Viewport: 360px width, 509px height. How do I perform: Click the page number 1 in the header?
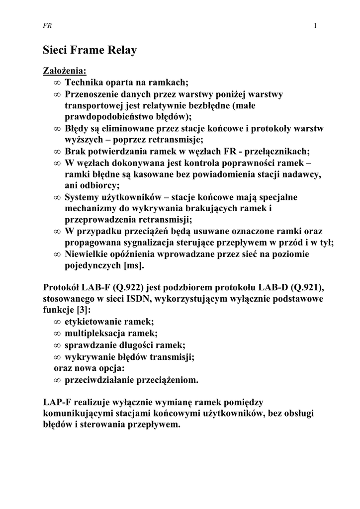pos(316,26)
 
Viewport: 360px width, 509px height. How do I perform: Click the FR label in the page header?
pos(48,26)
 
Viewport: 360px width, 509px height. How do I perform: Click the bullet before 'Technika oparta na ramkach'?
pos(57,83)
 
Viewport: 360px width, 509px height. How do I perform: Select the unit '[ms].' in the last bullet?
pos(134,265)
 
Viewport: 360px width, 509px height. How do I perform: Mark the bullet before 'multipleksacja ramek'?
pos(57,334)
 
